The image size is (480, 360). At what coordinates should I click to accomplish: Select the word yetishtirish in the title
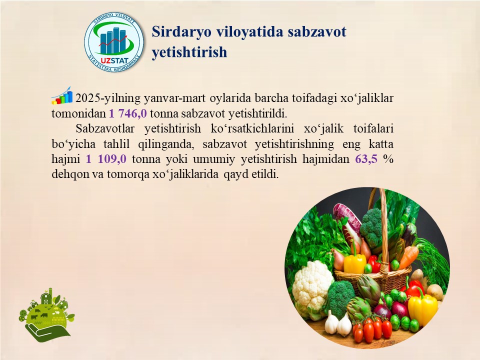point(189,52)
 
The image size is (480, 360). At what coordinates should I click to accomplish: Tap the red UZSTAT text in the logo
point(114,61)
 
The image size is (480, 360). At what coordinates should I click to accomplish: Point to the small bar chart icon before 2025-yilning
point(62,95)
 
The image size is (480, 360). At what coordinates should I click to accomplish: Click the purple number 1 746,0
point(128,113)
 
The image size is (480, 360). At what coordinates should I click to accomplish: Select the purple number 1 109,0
point(106,159)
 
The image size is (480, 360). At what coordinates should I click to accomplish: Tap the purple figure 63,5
point(366,159)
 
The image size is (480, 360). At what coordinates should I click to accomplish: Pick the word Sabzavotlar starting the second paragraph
point(105,128)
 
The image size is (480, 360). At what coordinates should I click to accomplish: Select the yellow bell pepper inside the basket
point(355,263)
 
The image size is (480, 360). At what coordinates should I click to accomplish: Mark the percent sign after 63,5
point(388,159)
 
